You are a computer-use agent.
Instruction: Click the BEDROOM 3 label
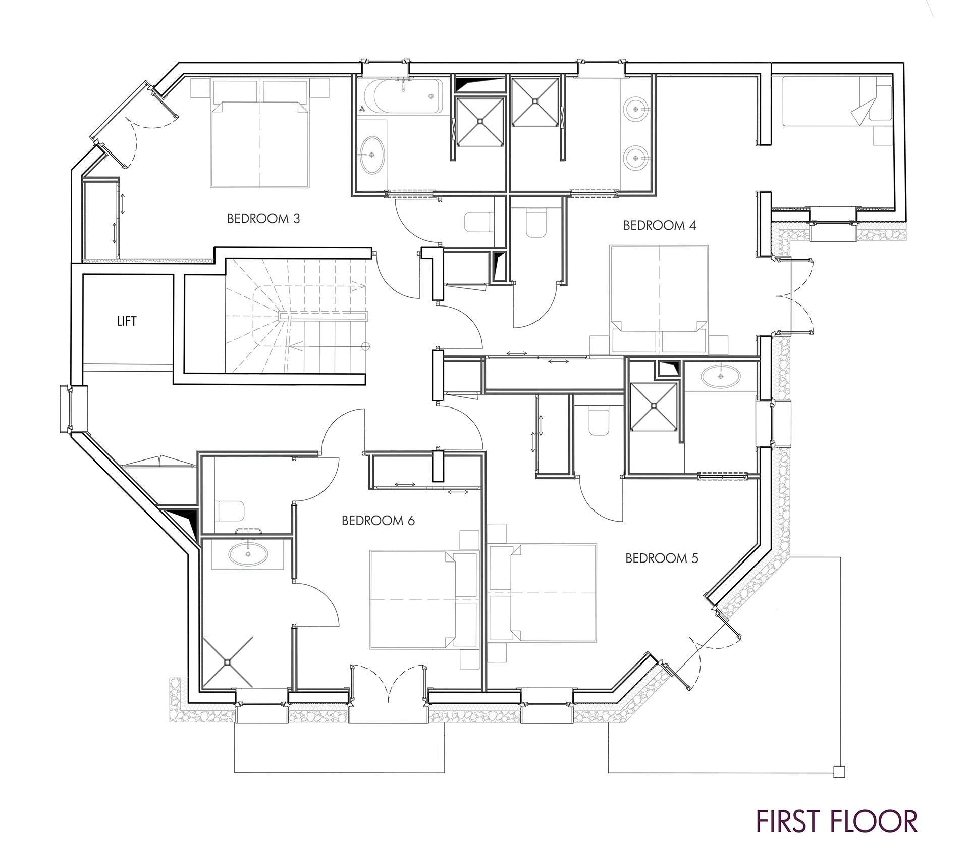263,219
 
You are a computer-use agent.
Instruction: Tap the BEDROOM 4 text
660,225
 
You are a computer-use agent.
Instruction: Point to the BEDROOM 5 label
662,558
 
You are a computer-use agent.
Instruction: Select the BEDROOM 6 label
378,521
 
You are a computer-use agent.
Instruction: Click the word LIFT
127,321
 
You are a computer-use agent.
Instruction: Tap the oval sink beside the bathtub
373,155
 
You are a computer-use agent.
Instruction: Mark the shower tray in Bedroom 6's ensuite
228,661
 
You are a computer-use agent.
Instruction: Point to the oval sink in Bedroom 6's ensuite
248,554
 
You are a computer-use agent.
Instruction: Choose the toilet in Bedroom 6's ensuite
231,512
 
